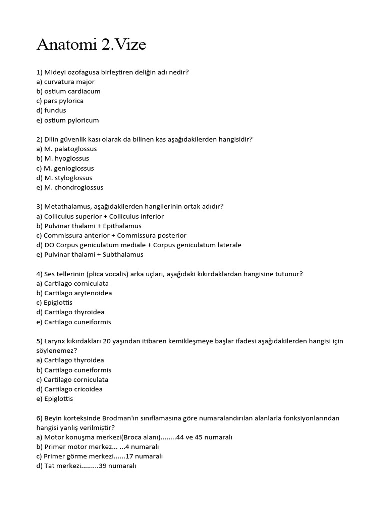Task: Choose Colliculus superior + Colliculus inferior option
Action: [x=100, y=216]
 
